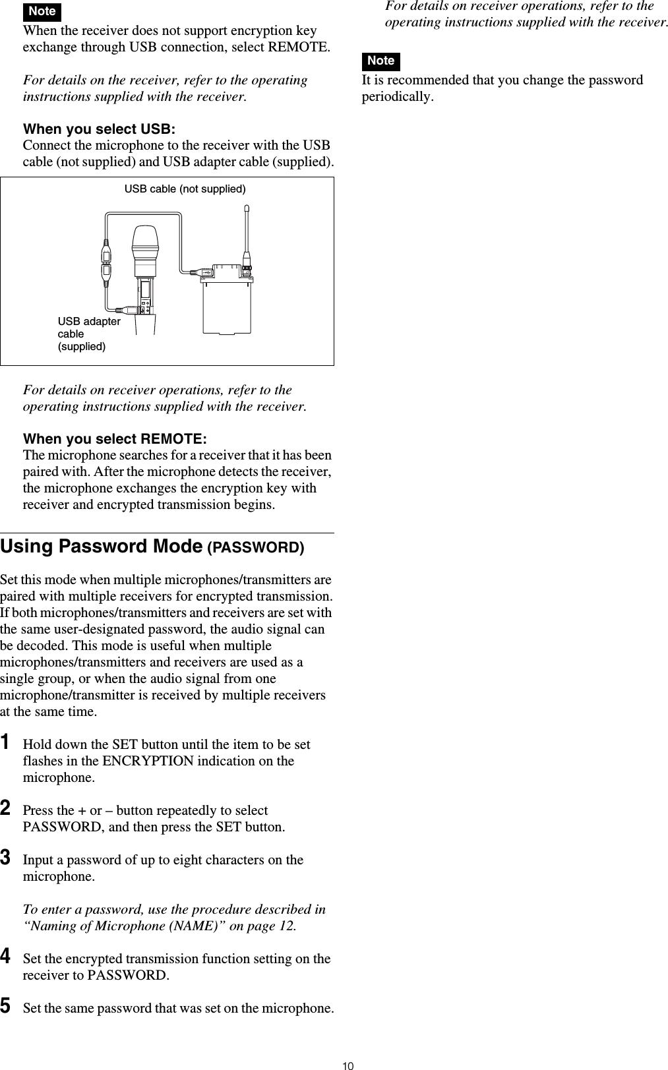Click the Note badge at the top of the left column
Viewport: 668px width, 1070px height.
[x=42, y=11]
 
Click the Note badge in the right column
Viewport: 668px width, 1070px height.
[x=380, y=61]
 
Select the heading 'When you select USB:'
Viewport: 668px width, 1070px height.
[x=99, y=129]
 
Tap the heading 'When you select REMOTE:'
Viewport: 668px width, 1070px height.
[x=115, y=439]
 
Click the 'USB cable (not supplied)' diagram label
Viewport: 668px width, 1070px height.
[x=185, y=189]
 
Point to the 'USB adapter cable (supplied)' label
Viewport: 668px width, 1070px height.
[x=88, y=334]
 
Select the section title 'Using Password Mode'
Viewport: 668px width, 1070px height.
[x=102, y=547]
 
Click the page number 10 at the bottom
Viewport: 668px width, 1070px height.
[x=348, y=1061]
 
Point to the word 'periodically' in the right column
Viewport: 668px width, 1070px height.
[x=396, y=97]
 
